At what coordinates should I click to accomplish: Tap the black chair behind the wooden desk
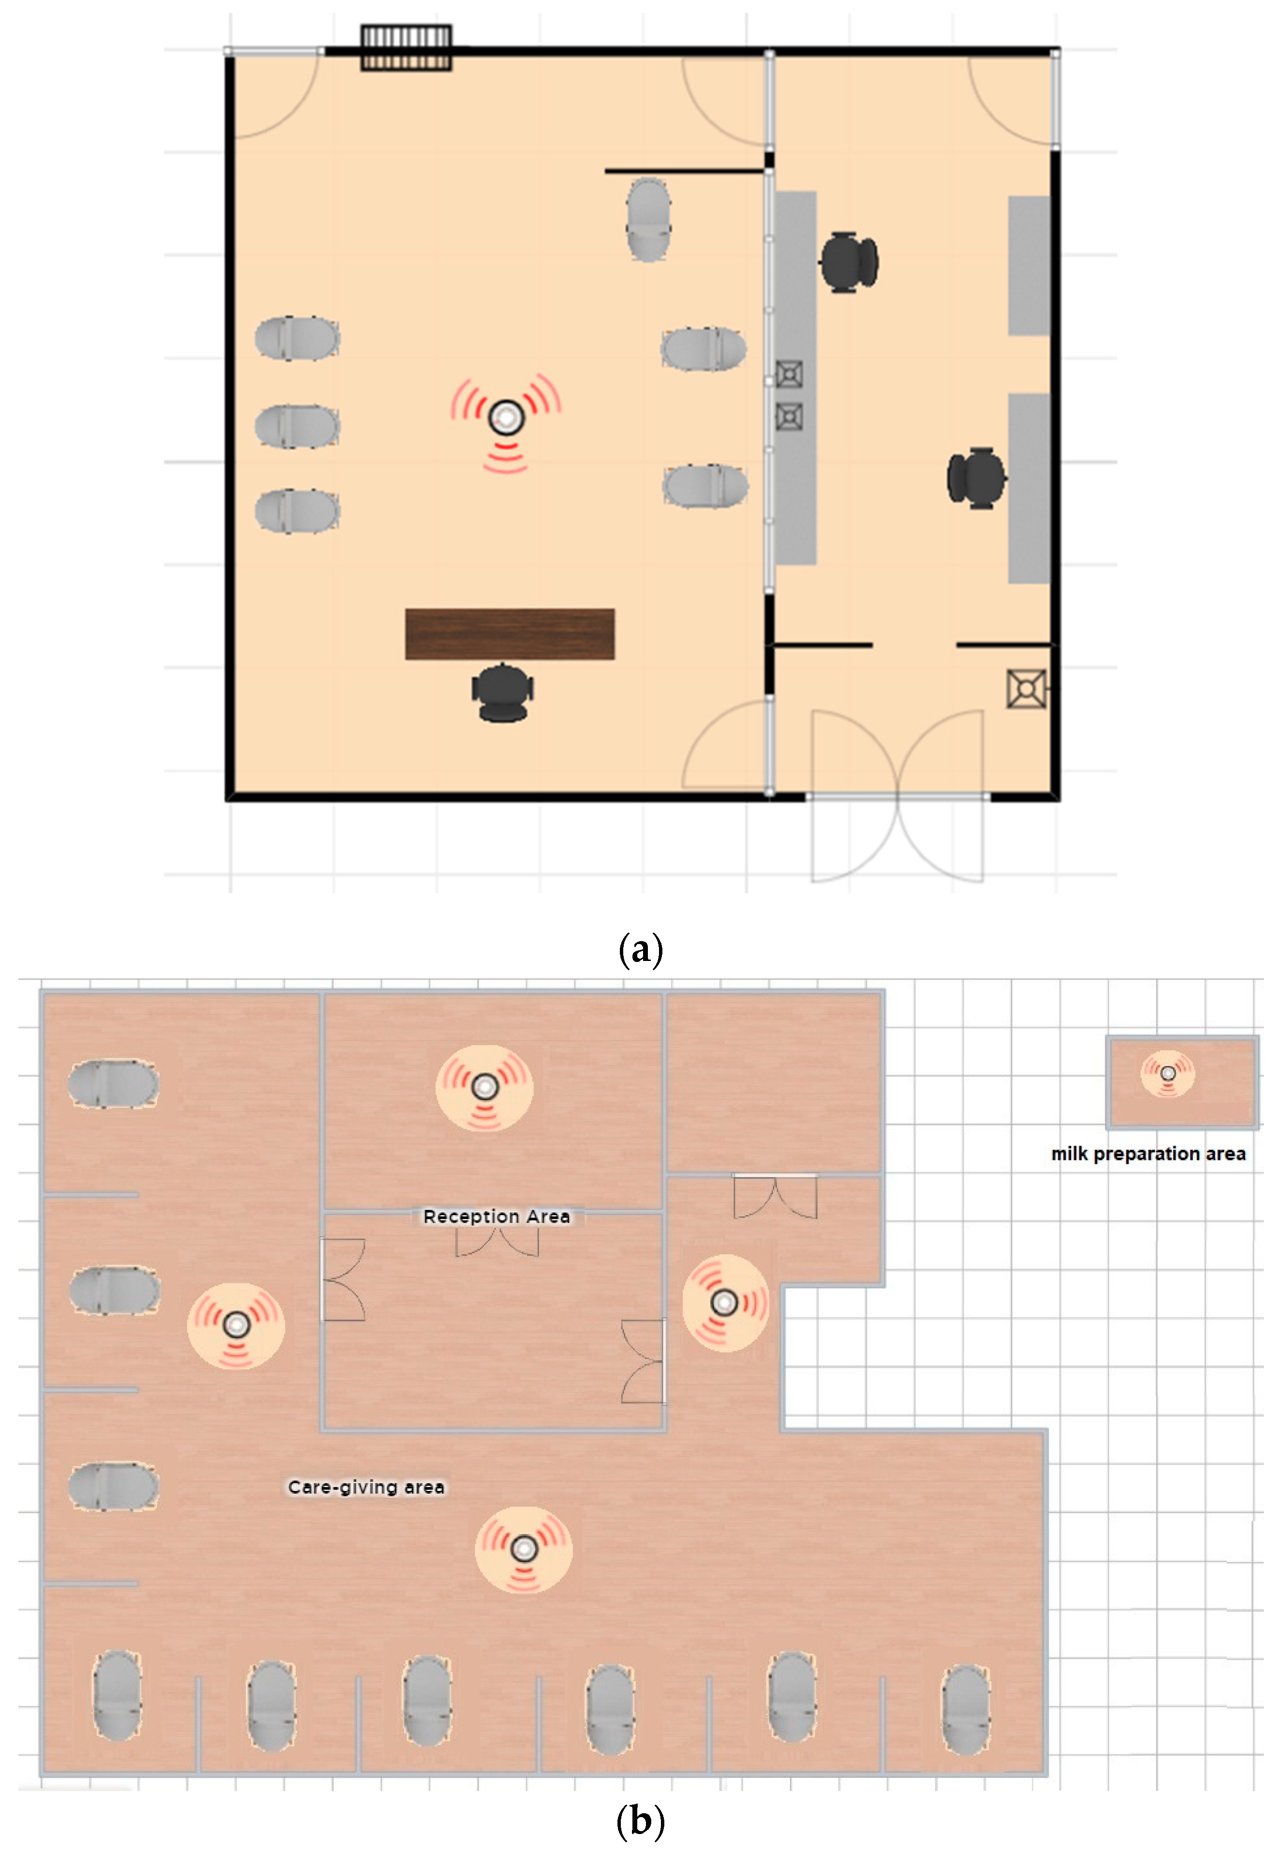click(x=502, y=692)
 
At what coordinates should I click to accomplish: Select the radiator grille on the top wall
click(x=406, y=48)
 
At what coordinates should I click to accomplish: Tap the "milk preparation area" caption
click(x=1148, y=1153)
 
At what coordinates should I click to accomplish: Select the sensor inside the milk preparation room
click(x=1167, y=1074)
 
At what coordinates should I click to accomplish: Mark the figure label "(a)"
click(x=641, y=950)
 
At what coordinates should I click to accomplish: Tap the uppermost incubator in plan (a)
click(x=648, y=220)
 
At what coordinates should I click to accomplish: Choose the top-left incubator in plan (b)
click(x=114, y=1084)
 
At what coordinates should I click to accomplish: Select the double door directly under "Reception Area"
click(x=497, y=1242)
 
